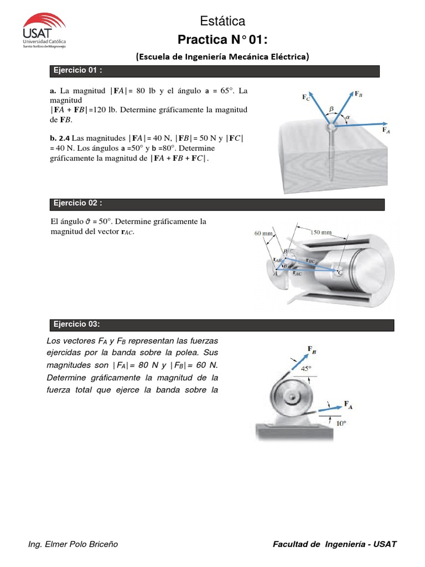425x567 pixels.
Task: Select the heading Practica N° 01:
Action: [222, 40]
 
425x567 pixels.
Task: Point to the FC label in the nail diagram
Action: [306, 98]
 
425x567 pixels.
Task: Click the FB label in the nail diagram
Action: [358, 94]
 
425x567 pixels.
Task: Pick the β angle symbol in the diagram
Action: [332, 110]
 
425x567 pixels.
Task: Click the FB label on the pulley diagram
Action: [312, 349]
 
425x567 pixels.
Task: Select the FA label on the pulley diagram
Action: [349, 405]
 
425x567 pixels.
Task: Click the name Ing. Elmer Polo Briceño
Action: [73, 544]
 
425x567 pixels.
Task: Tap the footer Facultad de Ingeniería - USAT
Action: [335, 544]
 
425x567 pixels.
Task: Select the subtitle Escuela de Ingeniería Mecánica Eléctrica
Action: [222, 56]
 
